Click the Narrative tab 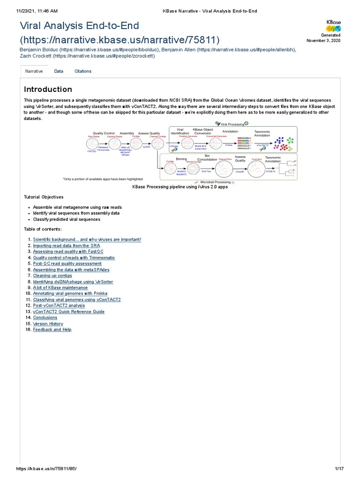pyautogui.click(x=34, y=71)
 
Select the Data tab pyautogui.click(x=59, y=71)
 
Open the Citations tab pyautogui.click(x=83, y=71)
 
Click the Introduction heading pyautogui.click(x=48, y=89)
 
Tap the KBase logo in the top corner pyautogui.click(x=333, y=26)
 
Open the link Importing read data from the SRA pyautogui.click(x=66, y=246)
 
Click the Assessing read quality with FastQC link pyautogui.click(x=67, y=252)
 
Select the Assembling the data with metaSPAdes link pyautogui.click(x=69, y=270)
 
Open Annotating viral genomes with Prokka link pyautogui.click(x=70, y=293)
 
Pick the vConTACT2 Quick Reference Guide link pyautogui.click(x=68, y=312)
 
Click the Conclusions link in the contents pyautogui.click(x=45, y=317)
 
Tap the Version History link pyautogui.click(x=48, y=323)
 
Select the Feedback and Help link pyautogui.click(x=52, y=330)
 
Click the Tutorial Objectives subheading pyautogui.click(x=44, y=197)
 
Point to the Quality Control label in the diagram pyautogui.click(x=104, y=133)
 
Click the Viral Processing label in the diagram pyautogui.click(x=232, y=124)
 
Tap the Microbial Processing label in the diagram pyautogui.click(x=215, y=182)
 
